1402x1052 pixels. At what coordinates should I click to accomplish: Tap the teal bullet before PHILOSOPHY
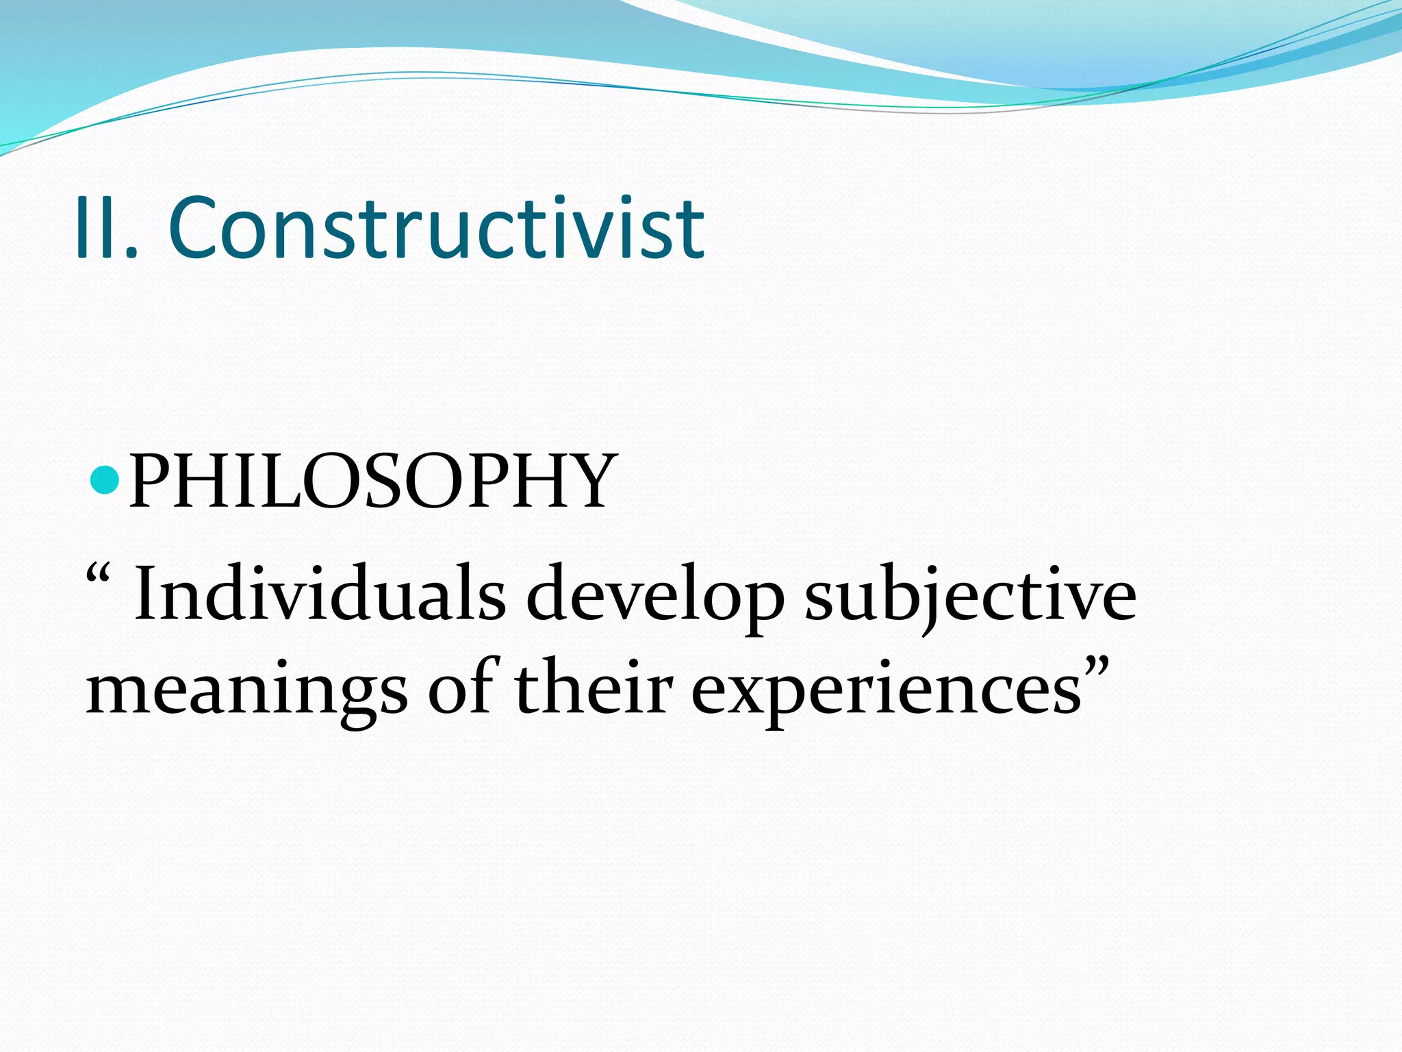[x=105, y=479]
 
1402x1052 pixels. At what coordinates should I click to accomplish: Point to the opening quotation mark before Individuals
[x=98, y=574]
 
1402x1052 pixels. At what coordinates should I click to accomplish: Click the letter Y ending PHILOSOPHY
[x=583, y=481]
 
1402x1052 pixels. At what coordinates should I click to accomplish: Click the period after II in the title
[x=132, y=253]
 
